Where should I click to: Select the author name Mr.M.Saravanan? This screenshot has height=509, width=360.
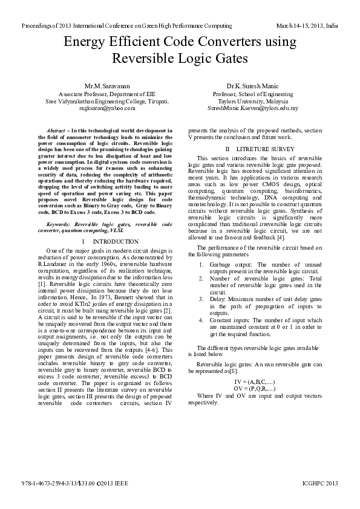108,87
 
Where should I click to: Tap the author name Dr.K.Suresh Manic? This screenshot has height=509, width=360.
252,87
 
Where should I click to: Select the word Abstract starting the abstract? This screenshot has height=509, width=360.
56,131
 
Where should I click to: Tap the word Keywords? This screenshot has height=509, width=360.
58,224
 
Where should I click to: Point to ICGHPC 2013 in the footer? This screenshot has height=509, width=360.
320,484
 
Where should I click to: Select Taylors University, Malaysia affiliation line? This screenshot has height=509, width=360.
253,101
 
